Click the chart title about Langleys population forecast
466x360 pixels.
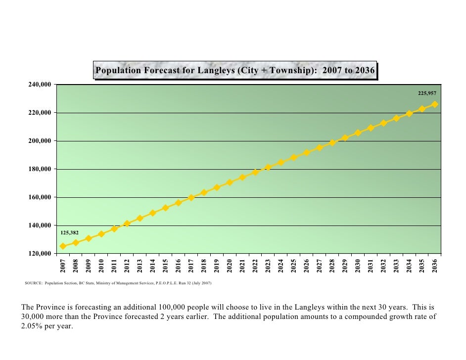click(235, 70)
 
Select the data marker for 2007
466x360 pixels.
click(63, 246)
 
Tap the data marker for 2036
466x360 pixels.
click(435, 104)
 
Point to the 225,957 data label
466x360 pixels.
click(427, 93)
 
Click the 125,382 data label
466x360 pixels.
click(69, 232)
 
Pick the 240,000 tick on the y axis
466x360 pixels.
click(39, 85)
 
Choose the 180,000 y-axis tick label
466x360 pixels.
click(39, 169)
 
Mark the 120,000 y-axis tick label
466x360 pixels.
click(39, 254)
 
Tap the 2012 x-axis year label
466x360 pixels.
click(127, 266)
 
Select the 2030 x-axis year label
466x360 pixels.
click(358, 266)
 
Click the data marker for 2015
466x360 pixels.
click(165, 208)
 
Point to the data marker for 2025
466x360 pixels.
click(293, 157)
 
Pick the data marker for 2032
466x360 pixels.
click(383, 123)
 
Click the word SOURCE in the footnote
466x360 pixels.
click(33, 284)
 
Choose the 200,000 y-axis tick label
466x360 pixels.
click(39, 141)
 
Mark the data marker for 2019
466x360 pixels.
click(217, 187)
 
